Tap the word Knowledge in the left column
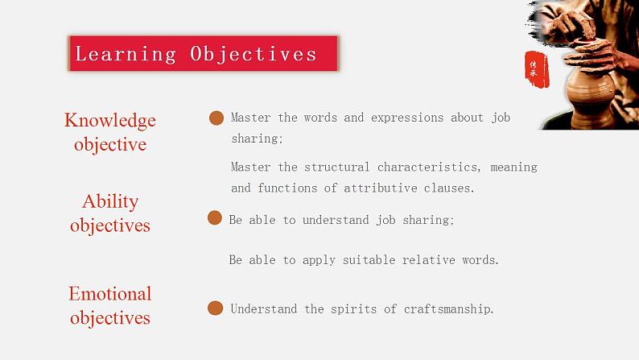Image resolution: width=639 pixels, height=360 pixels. point(110,120)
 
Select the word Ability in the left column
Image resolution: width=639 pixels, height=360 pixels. point(110,201)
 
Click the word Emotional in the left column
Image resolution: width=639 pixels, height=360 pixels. point(110,294)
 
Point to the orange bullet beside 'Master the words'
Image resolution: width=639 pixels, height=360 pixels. point(216,118)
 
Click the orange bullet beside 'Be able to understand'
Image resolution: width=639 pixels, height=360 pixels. point(215,218)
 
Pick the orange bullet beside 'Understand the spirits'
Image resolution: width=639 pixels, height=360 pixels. point(215,308)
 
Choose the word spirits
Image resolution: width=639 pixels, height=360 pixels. point(353,309)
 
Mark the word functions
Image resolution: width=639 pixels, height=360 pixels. point(303,188)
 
